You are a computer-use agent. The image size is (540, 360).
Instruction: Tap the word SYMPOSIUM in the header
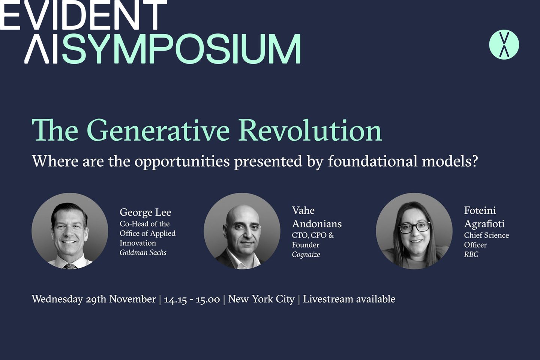[181, 49]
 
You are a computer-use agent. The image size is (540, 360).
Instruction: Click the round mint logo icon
[504, 45]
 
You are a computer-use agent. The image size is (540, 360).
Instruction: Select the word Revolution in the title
[310, 130]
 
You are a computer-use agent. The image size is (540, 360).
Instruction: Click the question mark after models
[475, 161]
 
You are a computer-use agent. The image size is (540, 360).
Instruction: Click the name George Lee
[145, 212]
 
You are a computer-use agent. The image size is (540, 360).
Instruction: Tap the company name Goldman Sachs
[143, 253]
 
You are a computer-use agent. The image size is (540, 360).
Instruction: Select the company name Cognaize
[306, 255]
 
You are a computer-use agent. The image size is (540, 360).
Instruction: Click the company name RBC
[471, 255]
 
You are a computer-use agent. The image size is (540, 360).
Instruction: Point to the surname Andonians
[317, 224]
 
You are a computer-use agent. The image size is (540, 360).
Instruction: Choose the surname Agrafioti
[484, 224]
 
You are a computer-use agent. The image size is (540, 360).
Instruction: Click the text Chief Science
[486, 235]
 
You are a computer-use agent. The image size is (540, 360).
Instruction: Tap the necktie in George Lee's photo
[70, 266]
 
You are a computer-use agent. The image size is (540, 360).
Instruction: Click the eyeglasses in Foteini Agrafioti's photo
[414, 227]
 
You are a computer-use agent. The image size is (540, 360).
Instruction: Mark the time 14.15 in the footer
[175, 299]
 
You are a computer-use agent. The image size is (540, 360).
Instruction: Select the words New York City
[261, 299]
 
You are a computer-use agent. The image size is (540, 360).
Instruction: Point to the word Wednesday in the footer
[57, 299]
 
